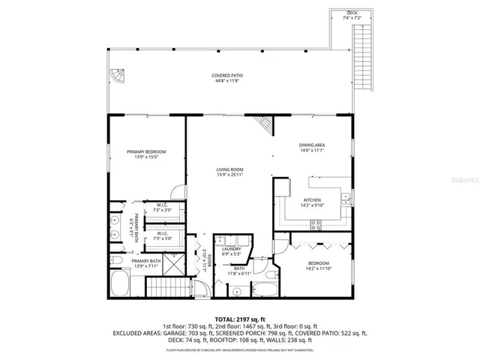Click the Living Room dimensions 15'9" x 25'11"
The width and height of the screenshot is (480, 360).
pyautogui.click(x=230, y=175)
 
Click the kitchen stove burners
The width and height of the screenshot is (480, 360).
pyautogui.click(x=316, y=223)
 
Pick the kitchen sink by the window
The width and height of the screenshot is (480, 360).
pyautogui.click(x=345, y=199)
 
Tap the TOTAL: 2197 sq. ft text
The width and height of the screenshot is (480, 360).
pyautogui.click(x=240, y=319)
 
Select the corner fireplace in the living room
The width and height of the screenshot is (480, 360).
pyautogui.click(x=264, y=125)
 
